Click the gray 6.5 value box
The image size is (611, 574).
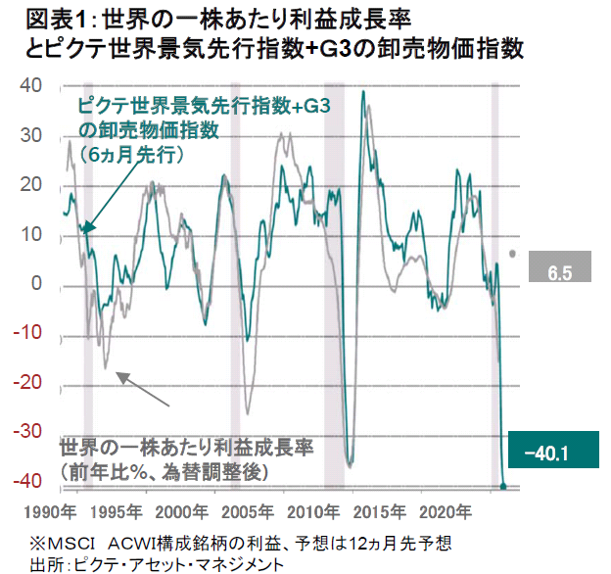tap(560, 268)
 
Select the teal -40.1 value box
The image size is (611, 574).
tap(546, 454)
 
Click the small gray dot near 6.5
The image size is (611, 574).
tap(514, 253)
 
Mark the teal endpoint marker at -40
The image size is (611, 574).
tap(504, 485)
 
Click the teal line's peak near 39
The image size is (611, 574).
tap(363, 93)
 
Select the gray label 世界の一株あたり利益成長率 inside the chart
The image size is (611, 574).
tap(186, 448)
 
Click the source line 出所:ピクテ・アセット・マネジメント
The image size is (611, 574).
tap(157, 564)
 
